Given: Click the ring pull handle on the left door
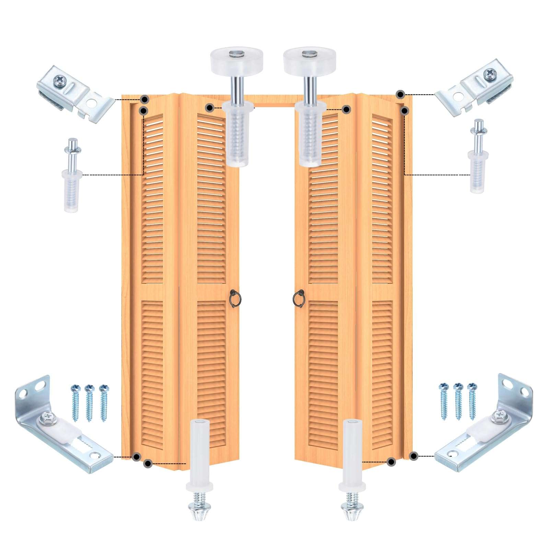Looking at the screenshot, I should (x=234, y=298).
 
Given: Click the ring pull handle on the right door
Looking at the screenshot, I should (x=298, y=298).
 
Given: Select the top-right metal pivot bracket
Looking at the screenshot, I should (x=475, y=88).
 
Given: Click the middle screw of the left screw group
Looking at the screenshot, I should (x=90, y=403).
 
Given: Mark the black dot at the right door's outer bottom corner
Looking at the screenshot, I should (x=413, y=456).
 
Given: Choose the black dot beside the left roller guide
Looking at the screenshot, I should (x=209, y=108).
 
